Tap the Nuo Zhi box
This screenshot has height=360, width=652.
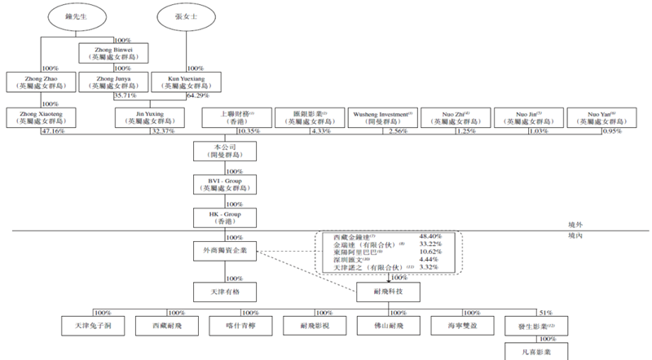pos(456,118)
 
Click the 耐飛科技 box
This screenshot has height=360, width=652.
pos(390,290)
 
